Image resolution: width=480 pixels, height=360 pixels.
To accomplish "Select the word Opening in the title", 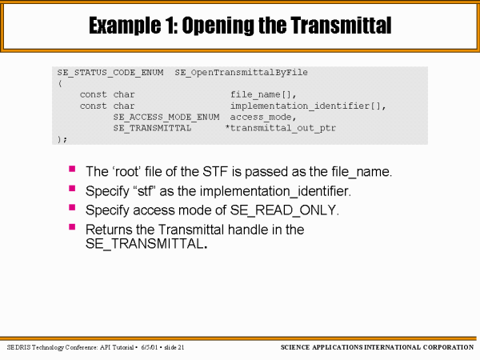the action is pos(218,26).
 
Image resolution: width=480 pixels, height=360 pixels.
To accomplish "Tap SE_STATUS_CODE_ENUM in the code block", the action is pos(110,73).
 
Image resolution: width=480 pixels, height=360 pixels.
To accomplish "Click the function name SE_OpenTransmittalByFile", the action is pos(242,73).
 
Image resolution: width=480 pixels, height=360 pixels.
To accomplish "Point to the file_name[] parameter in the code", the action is pos(263,94).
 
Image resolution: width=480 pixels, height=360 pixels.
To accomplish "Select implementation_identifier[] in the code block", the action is pos(308,106).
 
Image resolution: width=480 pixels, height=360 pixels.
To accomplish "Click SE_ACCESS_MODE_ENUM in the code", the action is pos(166,118).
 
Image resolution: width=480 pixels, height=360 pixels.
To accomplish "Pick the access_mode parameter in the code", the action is pos(263,118).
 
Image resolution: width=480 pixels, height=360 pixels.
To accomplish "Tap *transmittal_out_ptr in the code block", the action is pos(281,128).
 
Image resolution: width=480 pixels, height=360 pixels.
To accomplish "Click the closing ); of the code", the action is pos(62,139).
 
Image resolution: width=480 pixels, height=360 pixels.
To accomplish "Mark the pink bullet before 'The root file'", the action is pos(72,169).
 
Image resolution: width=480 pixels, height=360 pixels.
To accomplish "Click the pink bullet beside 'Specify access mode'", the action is pos(72,207).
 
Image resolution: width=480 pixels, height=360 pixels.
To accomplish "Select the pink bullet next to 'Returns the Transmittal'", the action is pos(72,226).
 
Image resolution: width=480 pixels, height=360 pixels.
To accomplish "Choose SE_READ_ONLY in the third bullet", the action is pos(284,211).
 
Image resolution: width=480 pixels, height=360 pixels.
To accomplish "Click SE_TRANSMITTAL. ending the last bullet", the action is pos(146,244).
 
